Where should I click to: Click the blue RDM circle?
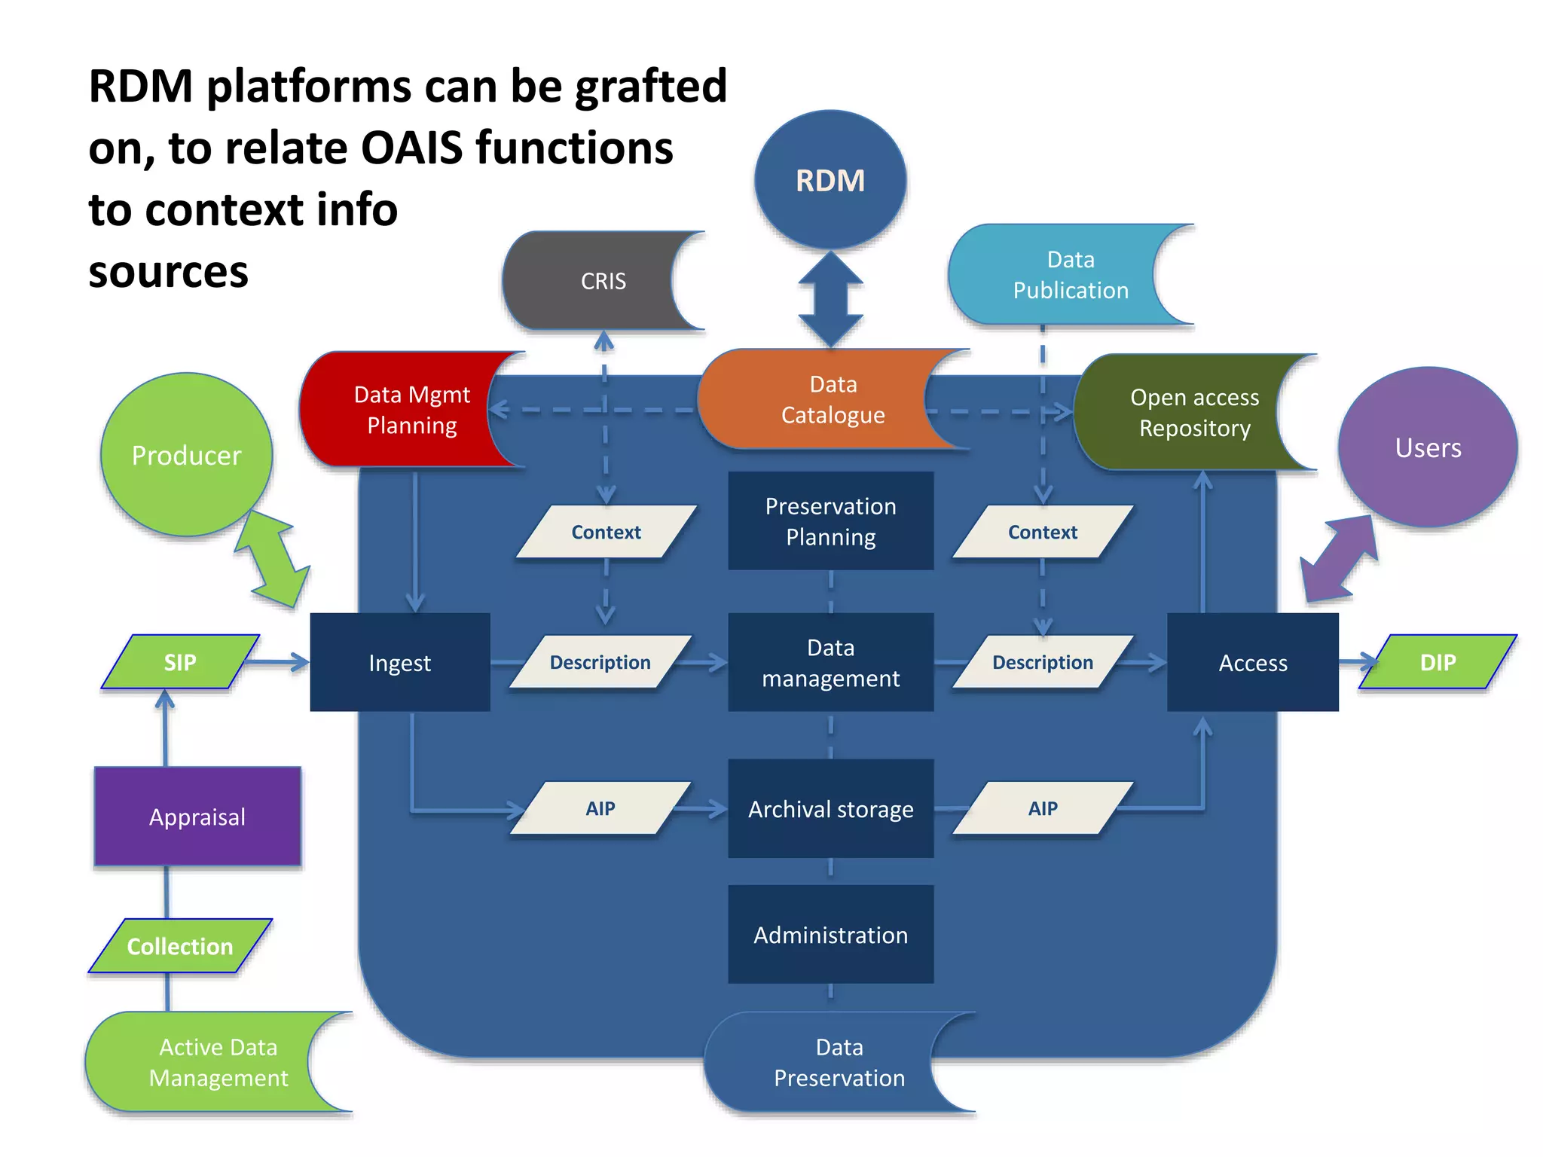[830, 181]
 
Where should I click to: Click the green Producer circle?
[186, 455]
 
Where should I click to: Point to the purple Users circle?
[1428, 447]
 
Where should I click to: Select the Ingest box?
[400, 663]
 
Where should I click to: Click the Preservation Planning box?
[830, 521]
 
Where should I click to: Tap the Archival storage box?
[830, 809]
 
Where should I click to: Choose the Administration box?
[830, 935]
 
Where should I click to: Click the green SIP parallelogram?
[180, 662]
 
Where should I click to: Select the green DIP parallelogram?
[1438, 662]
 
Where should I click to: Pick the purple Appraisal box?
[197, 817]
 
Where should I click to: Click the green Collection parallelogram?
[180, 946]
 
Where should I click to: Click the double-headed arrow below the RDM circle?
[830, 299]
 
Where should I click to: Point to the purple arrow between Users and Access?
[1340, 559]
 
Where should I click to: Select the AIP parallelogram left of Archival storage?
[600, 808]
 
